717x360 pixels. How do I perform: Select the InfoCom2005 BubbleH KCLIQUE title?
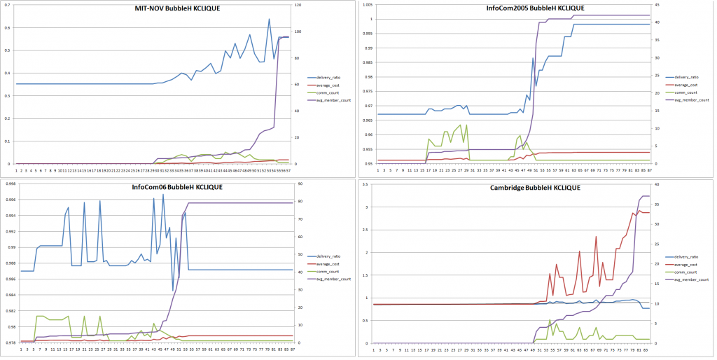click(x=535, y=8)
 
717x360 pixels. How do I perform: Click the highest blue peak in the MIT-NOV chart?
click(x=269, y=20)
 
